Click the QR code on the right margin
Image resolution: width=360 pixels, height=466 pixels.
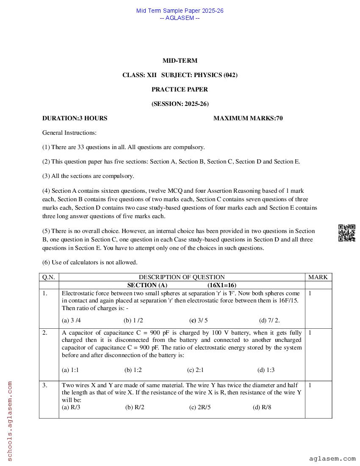click(346, 233)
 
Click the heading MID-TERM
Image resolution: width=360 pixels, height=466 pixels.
click(180, 61)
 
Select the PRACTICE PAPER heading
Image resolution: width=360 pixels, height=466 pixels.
click(180, 89)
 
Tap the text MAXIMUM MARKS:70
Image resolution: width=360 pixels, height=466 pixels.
click(248, 118)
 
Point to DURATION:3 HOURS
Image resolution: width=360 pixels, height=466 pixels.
click(75, 118)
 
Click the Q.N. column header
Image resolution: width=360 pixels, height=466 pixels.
click(49, 277)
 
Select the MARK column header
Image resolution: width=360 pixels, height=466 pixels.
click(318, 277)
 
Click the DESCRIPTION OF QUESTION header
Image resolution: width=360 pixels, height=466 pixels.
click(182, 277)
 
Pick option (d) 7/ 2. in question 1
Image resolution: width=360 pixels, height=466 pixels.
click(269, 320)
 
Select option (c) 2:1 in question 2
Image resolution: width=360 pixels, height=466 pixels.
click(195, 370)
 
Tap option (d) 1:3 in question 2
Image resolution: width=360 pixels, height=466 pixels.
click(266, 370)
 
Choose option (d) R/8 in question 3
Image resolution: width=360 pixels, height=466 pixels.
click(262, 408)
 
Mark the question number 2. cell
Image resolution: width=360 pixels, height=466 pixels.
click(45, 333)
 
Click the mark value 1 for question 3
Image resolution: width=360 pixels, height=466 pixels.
click(310, 386)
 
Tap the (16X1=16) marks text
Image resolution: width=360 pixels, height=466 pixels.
click(222, 285)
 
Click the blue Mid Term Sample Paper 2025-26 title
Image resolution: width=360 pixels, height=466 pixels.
click(180, 11)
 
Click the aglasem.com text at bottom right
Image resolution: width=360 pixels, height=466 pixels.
click(332, 458)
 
